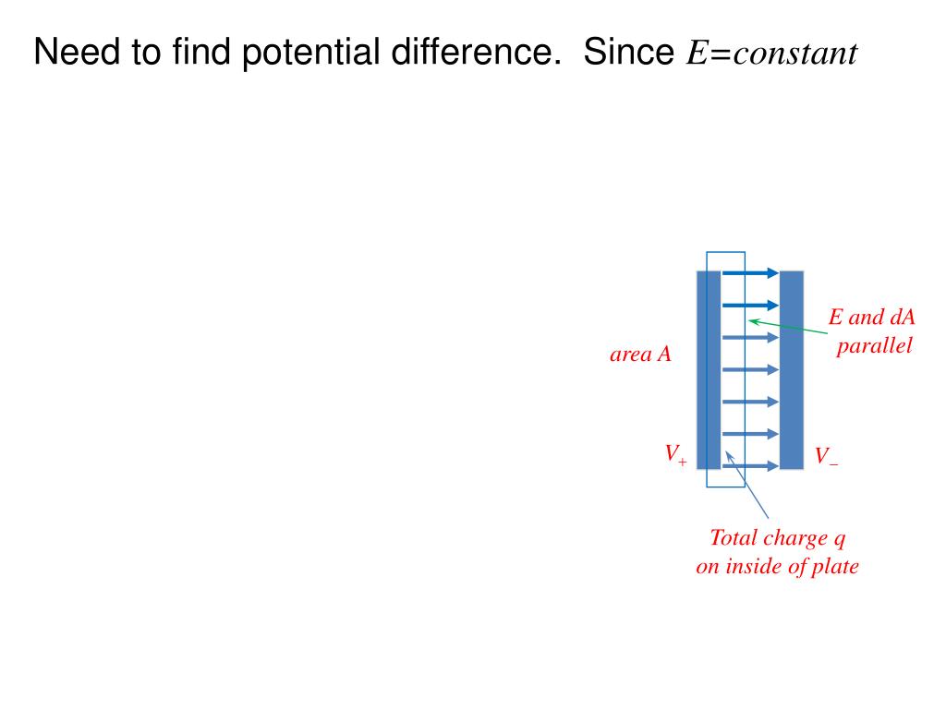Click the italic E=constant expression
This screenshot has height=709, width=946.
pos(771,54)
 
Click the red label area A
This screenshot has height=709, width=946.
pos(640,354)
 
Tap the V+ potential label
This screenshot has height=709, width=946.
pos(675,454)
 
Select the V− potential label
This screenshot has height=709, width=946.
pos(826,456)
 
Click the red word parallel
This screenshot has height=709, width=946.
pos(874,346)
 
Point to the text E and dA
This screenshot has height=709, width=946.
pos(871,318)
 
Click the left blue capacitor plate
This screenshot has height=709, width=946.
pos(708,369)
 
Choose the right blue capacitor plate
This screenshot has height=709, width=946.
pos(792,369)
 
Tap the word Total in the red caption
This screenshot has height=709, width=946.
pos(734,537)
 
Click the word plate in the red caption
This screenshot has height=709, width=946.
pos(835,566)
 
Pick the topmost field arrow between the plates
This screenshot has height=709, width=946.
pos(750,272)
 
